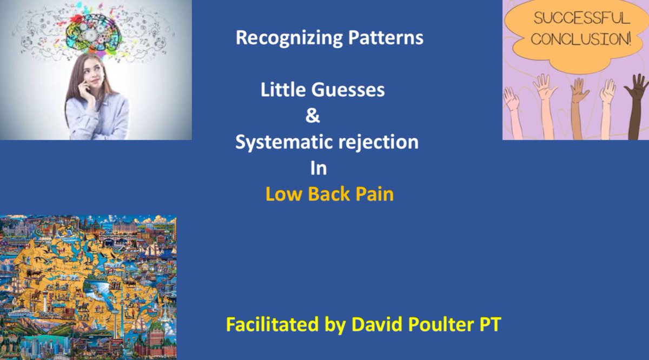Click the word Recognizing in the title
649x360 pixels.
[289, 38]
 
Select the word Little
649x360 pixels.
[283, 90]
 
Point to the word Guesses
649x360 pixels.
[348, 90]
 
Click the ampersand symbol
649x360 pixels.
[313, 115]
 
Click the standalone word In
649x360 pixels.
[319, 168]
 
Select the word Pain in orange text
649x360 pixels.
[374, 194]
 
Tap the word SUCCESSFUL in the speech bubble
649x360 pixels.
[582, 18]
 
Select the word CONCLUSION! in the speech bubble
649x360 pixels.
[581, 39]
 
